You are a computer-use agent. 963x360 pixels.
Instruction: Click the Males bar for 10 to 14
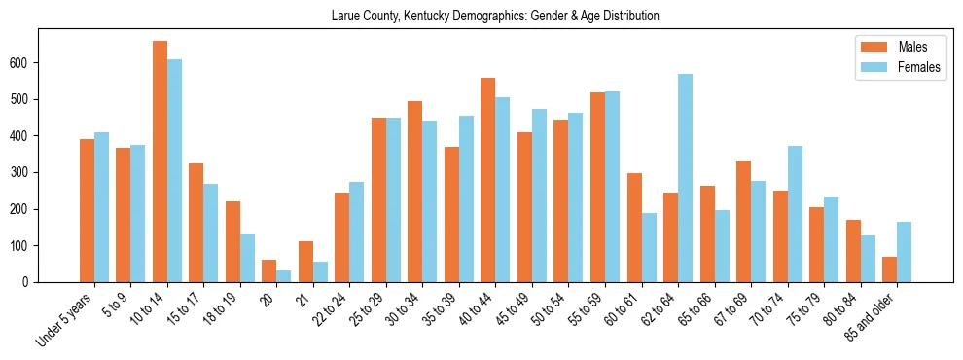(160, 162)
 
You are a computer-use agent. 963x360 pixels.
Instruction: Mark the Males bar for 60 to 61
(634, 228)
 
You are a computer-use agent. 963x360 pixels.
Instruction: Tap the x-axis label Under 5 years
(65, 319)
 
